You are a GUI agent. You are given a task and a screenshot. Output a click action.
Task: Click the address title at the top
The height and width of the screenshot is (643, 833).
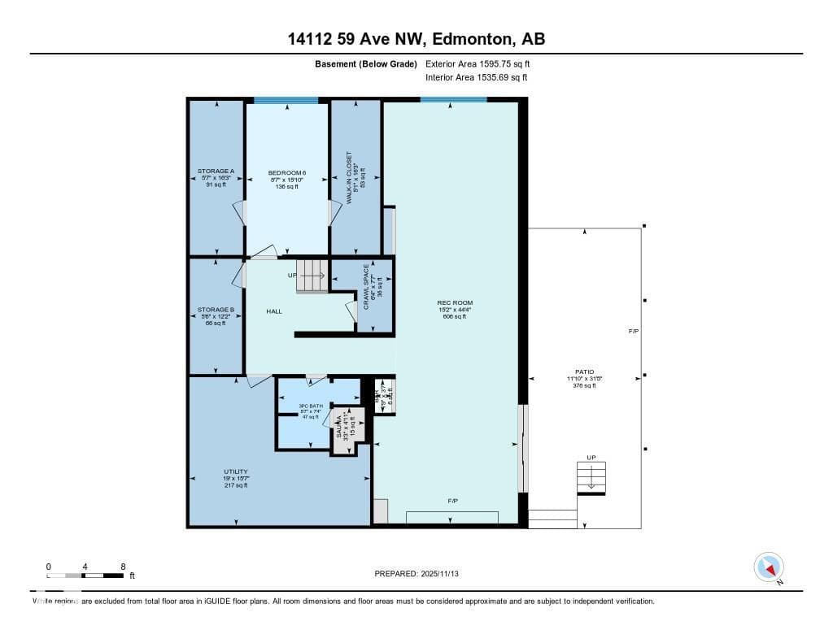click(x=416, y=38)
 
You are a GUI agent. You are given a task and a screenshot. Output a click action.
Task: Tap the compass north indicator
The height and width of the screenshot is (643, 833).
click(x=769, y=567)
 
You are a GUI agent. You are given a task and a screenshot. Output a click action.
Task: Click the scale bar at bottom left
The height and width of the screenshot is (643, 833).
click(x=86, y=576)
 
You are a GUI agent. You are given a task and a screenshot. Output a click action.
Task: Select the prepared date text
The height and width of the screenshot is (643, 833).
click(x=422, y=574)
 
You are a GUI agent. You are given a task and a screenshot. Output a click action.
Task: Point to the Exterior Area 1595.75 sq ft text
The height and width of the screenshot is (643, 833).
click(x=478, y=63)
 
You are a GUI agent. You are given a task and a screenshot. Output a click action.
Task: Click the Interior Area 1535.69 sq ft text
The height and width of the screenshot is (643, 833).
click(x=476, y=77)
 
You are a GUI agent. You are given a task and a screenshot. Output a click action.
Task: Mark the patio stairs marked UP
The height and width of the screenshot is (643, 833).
click(x=591, y=477)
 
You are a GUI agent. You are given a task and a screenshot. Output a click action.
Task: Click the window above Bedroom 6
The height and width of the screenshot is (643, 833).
click(x=286, y=100)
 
